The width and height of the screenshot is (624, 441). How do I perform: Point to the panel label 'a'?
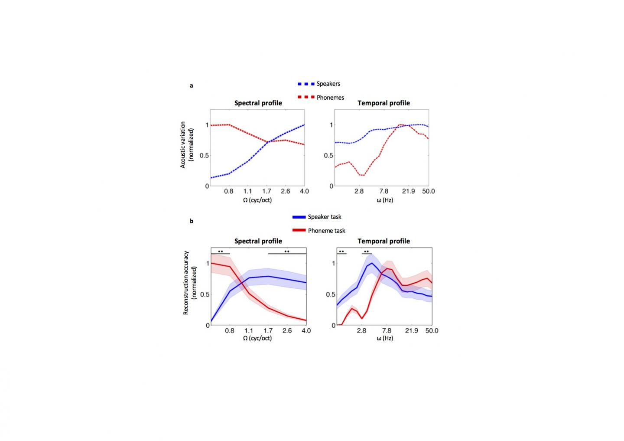tap(192, 85)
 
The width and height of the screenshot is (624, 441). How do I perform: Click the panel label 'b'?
tap(192, 221)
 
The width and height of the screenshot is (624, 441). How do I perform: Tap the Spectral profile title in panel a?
tap(258, 103)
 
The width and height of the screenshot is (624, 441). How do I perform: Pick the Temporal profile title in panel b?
tap(383, 241)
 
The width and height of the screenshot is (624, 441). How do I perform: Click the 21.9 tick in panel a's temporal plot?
tap(408, 191)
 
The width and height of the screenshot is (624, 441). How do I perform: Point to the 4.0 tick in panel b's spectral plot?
tap(306, 331)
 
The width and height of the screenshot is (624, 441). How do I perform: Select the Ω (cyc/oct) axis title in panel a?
tap(257, 200)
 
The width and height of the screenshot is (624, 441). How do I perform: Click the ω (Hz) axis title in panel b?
tap(384, 338)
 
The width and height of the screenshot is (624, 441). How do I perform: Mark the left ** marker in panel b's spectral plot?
tap(221, 252)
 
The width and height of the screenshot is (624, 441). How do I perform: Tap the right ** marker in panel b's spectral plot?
tap(287, 252)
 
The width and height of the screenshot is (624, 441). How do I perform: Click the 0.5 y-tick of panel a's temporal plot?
tap(329, 156)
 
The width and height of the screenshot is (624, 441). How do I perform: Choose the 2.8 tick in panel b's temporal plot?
tap(361, 331)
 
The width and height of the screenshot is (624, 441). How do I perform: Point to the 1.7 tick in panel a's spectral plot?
tap(266, 191)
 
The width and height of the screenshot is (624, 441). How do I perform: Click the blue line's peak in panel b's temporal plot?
tap(371, 263)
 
